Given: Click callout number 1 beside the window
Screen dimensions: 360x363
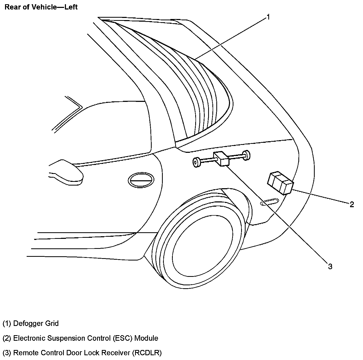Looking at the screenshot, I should coord(268,17).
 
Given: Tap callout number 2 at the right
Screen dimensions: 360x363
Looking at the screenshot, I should coord(352,204).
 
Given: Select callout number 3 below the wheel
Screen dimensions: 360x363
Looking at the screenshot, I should coord(330,267).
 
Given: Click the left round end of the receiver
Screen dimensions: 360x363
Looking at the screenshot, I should coord(196,162).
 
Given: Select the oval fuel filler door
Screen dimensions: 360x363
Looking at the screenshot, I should coord(141,181).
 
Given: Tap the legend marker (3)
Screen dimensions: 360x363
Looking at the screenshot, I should coord(7,353).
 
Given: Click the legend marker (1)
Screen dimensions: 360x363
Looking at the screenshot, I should coord(7,323).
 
